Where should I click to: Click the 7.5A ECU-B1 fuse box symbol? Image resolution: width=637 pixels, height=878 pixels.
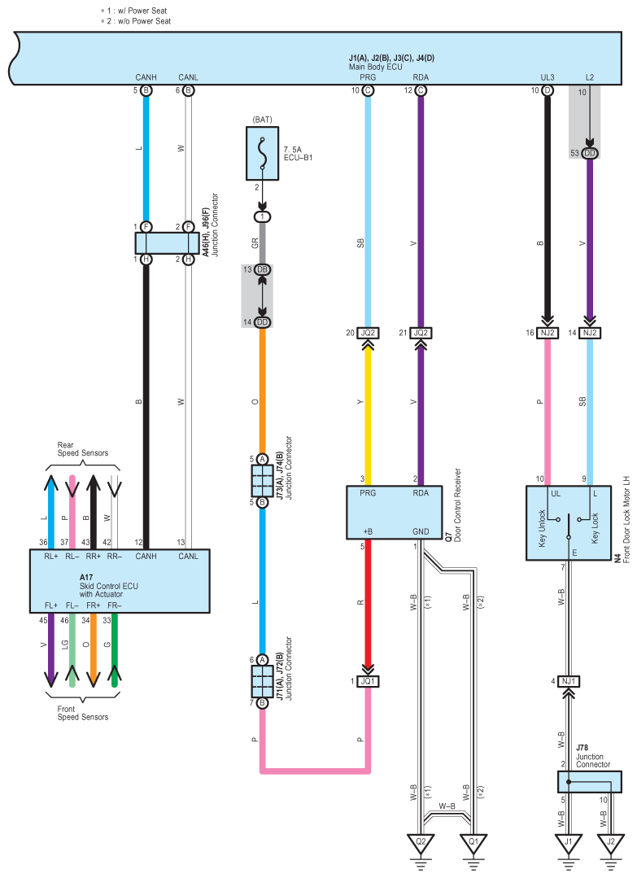click(x=262, y=154)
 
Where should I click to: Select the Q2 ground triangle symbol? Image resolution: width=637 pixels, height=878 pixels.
click(x=421, y=843)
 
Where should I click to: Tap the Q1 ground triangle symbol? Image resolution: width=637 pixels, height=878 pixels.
click(x=473, y=843)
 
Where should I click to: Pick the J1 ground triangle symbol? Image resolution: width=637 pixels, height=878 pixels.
click(x=568, y=843)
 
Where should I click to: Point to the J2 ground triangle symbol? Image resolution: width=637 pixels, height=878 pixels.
click(x=611, y=843)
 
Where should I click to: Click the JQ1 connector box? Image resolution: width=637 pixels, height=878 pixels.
click(x=368, y=681)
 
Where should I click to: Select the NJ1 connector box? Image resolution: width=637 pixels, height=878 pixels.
click(x=568, y=681)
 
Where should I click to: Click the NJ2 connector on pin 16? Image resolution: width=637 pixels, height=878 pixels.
click(x=548, y=333)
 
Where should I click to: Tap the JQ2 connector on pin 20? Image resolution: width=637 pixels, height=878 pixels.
click(x=368, y=333)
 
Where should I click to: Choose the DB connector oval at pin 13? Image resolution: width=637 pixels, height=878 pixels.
click(x=262, y=270)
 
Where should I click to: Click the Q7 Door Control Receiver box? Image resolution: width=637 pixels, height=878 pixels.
click(x=394, y=513)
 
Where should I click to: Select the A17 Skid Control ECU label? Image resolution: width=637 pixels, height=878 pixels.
click(x=108, y=586)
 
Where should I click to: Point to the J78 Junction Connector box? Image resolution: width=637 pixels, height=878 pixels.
click(x=590, y=782)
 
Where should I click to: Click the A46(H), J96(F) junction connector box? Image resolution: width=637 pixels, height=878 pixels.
click(x=167, y=243)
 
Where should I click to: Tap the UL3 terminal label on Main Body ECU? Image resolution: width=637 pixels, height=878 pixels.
click(x=548, y=77)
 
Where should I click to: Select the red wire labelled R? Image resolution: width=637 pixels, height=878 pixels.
click(x=368, y=603)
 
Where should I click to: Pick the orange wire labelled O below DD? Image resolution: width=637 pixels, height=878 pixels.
click(x=262, y=391)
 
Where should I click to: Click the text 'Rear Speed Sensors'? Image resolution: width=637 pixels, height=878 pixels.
click(x=83, y=449)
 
